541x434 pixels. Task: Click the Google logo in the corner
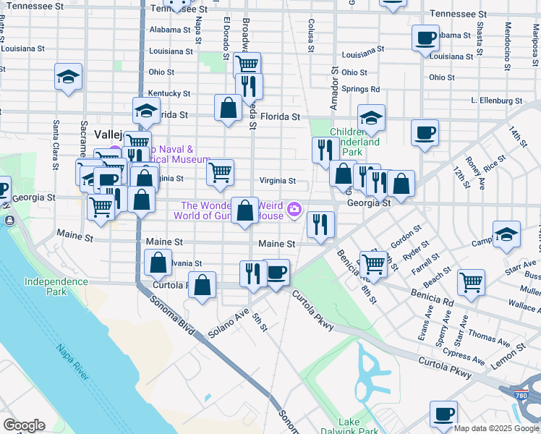coord(24,425)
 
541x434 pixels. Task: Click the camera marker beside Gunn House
coord(294,210)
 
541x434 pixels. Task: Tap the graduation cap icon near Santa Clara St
coord(69,77)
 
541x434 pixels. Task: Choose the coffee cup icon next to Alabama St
coord(426,37)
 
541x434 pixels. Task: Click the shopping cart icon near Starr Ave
coord(471,281)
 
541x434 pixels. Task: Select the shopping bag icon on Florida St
coord(228,109)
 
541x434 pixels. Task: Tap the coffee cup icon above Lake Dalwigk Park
coord(443,414)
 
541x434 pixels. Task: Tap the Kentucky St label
coord(169,94)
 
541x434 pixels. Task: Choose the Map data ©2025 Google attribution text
coord(496,428)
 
